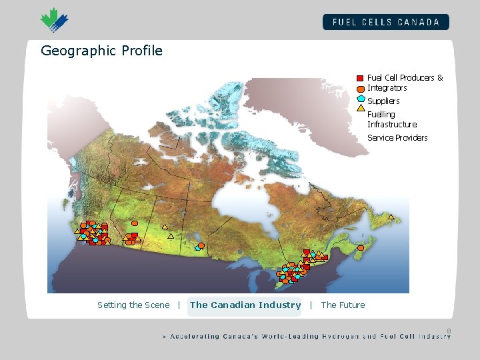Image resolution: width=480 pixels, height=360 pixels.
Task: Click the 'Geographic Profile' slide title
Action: point(101,51)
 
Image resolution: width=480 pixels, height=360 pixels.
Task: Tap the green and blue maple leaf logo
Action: point(54,19)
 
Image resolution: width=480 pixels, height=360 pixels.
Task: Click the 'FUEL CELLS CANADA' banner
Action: point(386,22)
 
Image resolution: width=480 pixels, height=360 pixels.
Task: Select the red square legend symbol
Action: point(360,78)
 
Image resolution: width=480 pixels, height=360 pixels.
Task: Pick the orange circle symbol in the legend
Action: point(360,88)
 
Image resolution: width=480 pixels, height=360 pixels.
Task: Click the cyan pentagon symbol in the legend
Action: point(361,98)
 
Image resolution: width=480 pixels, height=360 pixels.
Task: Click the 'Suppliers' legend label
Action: point(383,101)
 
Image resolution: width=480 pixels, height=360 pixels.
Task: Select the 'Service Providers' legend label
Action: point(397,138)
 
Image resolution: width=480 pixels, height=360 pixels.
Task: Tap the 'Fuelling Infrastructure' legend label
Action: point(392,119)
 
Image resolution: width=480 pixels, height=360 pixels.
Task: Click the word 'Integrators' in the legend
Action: point(387,88)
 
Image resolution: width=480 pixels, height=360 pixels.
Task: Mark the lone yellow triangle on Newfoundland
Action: point(391,217)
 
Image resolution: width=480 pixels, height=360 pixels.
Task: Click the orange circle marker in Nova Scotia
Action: point(361,248)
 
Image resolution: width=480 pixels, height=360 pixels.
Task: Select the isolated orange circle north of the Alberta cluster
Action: point(135,223)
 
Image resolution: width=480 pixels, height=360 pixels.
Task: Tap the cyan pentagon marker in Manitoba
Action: point(197,248)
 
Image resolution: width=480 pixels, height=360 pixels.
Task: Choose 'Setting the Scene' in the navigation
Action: point(133,305)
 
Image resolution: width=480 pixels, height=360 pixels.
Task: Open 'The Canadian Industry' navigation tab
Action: point(245,305)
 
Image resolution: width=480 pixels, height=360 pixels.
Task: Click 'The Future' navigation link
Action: point(343,305)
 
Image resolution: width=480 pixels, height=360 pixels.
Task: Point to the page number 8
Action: point(449,331)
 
